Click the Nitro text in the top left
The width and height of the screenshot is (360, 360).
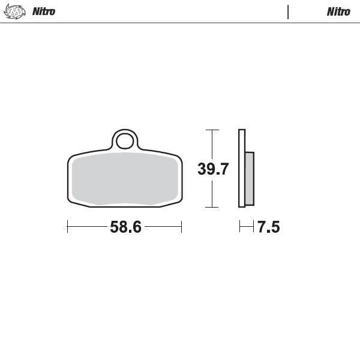44,11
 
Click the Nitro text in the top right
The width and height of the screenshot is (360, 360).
338,11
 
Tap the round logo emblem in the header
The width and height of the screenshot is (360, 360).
15,11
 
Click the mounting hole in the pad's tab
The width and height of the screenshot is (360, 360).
125,142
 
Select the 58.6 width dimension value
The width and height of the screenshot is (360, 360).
125,227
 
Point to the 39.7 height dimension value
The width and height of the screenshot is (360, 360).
213,169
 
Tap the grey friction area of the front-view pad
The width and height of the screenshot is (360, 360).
125,178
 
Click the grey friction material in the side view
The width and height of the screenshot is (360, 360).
250,178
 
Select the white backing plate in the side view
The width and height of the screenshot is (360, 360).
242,168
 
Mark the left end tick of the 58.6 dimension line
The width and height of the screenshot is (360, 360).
68,227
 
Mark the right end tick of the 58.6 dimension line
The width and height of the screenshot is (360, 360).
181,227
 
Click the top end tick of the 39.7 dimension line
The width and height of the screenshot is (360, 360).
211,130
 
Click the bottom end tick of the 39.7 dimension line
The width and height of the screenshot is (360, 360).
211,208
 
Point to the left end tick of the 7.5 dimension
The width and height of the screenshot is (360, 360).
240,227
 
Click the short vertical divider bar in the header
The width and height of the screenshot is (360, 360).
288,12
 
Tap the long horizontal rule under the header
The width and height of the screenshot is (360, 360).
180,23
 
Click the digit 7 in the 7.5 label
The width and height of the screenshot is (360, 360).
262,227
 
